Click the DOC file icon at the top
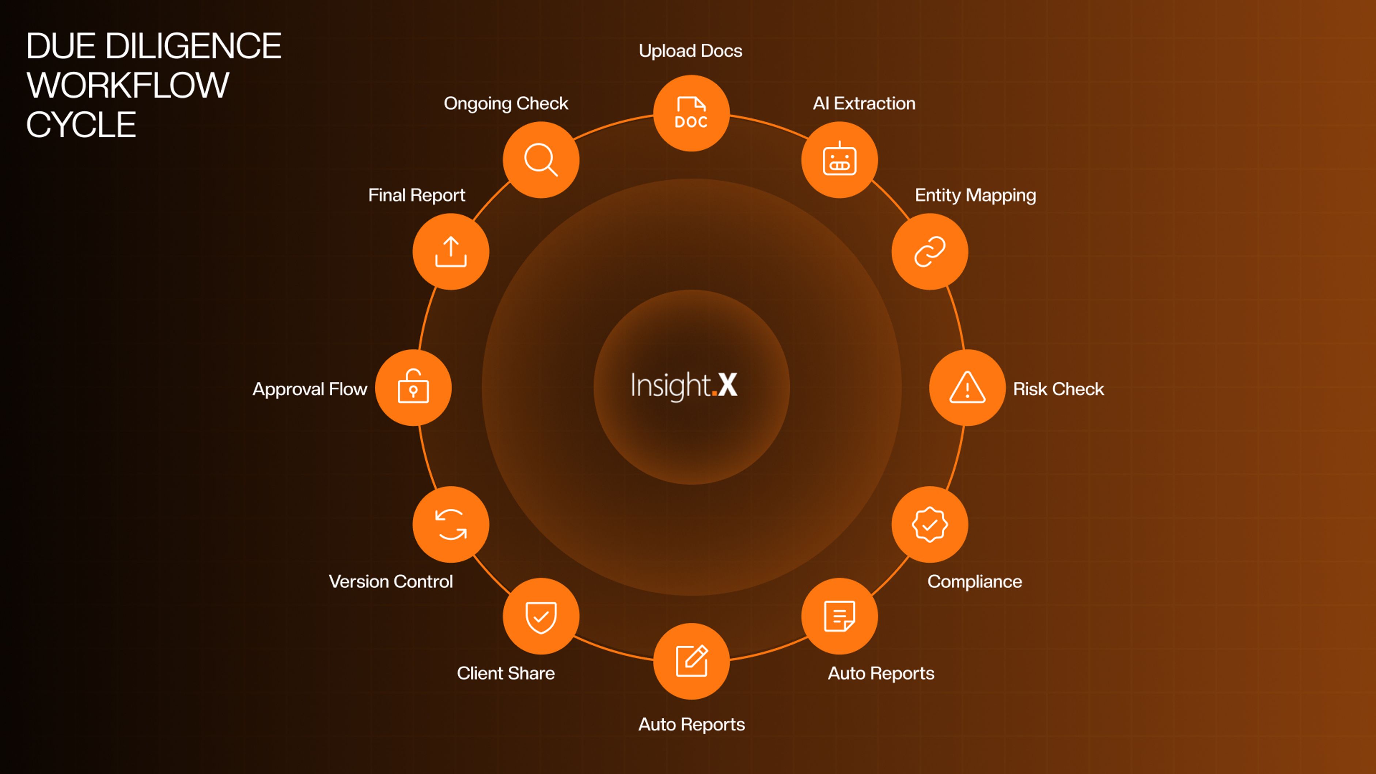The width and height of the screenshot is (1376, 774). point(691,113)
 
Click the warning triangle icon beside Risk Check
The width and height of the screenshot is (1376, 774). point(967,387)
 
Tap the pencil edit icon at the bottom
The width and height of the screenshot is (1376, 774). point(691,661)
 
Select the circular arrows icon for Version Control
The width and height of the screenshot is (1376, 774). point(451,524)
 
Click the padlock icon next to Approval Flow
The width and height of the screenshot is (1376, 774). point(413,387)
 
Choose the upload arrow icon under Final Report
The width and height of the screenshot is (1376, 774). point(451,251)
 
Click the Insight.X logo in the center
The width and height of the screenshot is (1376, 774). point(684,386)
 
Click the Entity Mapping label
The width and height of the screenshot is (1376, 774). point(975,196)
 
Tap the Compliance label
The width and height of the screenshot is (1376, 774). point(974,581)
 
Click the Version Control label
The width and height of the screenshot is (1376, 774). point(390,581)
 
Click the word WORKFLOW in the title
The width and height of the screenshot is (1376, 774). point(128,86)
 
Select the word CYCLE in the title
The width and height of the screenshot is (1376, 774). point(81,125)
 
